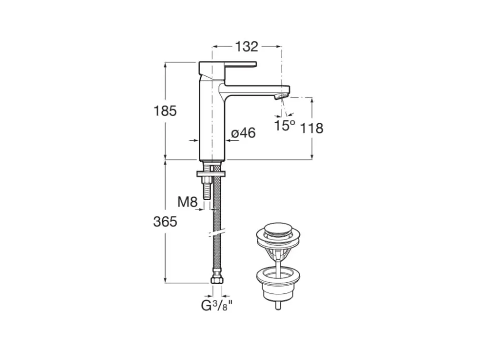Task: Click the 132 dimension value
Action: pos(246,47)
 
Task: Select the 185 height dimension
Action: pos(165,111)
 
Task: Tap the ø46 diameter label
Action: pos(243,133)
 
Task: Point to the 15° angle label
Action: pos(285,125)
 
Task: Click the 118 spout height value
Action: pos(312,128)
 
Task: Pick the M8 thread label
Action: pos(187,202)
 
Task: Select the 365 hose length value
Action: pos(165,221)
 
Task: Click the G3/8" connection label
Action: pos(217,305)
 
